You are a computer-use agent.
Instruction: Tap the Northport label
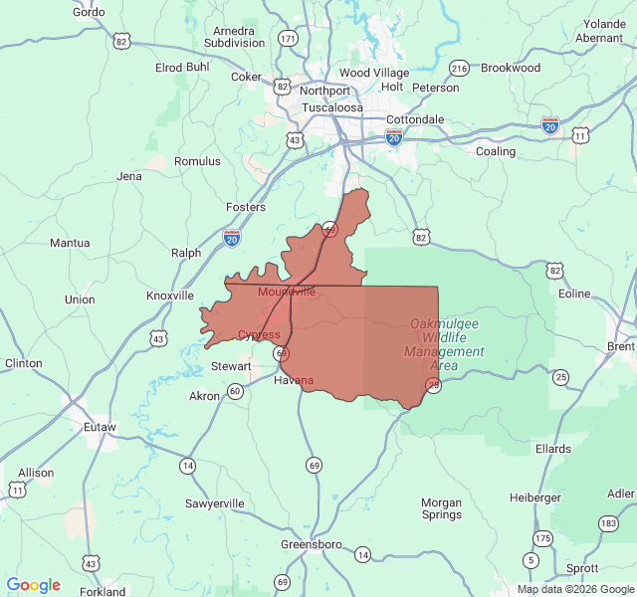[x=324, y=91]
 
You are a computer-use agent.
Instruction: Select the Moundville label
[x=287, y=292]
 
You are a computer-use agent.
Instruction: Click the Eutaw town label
[x=100, y=427]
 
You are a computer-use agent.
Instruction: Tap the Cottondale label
[x=415, y=119]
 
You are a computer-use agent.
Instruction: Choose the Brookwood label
[x=511, y=68]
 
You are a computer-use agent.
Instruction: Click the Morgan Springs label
[x=441, y=508]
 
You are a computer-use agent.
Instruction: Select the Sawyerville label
[x=214, y=503]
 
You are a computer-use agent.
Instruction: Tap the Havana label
[x=294, y=381]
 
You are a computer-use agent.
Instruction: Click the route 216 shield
[x=459, y=68]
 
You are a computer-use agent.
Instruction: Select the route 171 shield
[x=289, y=39]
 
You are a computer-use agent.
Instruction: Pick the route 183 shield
[x=608, y=522]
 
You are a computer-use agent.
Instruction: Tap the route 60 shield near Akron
[x=235, y=391]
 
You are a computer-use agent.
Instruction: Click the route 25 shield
[x=561, y=376]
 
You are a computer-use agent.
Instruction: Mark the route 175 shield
[x=542, y=538]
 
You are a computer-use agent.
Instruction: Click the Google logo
[x=34, y=585]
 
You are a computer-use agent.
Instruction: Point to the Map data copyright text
[x=574, y=589]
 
